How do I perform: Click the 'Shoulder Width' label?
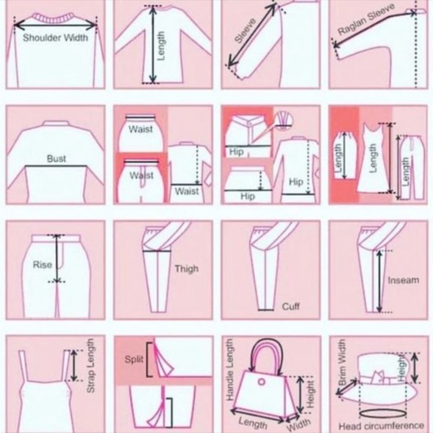[55, 38]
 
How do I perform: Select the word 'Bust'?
[56, 158]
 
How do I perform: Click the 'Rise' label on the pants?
[42, 265]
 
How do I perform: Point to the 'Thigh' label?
[187, 269]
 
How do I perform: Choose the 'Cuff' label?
[291, 306]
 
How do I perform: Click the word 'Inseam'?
[404, 280]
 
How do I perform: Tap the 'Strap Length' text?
[90, 365]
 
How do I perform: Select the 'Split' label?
[134, 359]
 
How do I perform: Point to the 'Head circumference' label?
[381, 426]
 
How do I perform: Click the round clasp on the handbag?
[261, 382]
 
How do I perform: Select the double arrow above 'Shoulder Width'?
[55, 26]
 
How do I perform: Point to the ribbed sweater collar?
[54, 18]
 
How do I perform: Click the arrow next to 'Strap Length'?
[74, 365]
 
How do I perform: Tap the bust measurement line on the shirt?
[56, 166]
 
